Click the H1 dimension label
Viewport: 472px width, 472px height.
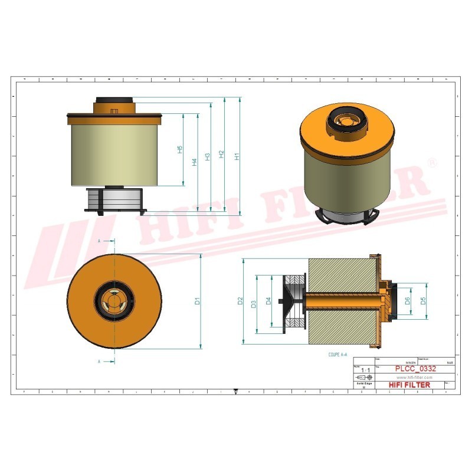[x=237, y=157]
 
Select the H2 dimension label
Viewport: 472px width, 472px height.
[x=221, y=155]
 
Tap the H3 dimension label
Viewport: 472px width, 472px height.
[x=207, y=157]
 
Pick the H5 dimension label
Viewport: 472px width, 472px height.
[x=180, y=150]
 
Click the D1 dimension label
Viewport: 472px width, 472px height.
[x=198, y=301]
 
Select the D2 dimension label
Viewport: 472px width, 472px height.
[x=240, y=301]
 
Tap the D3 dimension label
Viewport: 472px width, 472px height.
[x=254, y=304]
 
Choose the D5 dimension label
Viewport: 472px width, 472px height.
[x=423, y=301]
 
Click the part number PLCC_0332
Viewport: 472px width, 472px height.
[x=415, y=369]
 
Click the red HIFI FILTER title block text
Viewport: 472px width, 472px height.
[x=410, y=385]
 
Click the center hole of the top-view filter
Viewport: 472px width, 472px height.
[x=113, y=301]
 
